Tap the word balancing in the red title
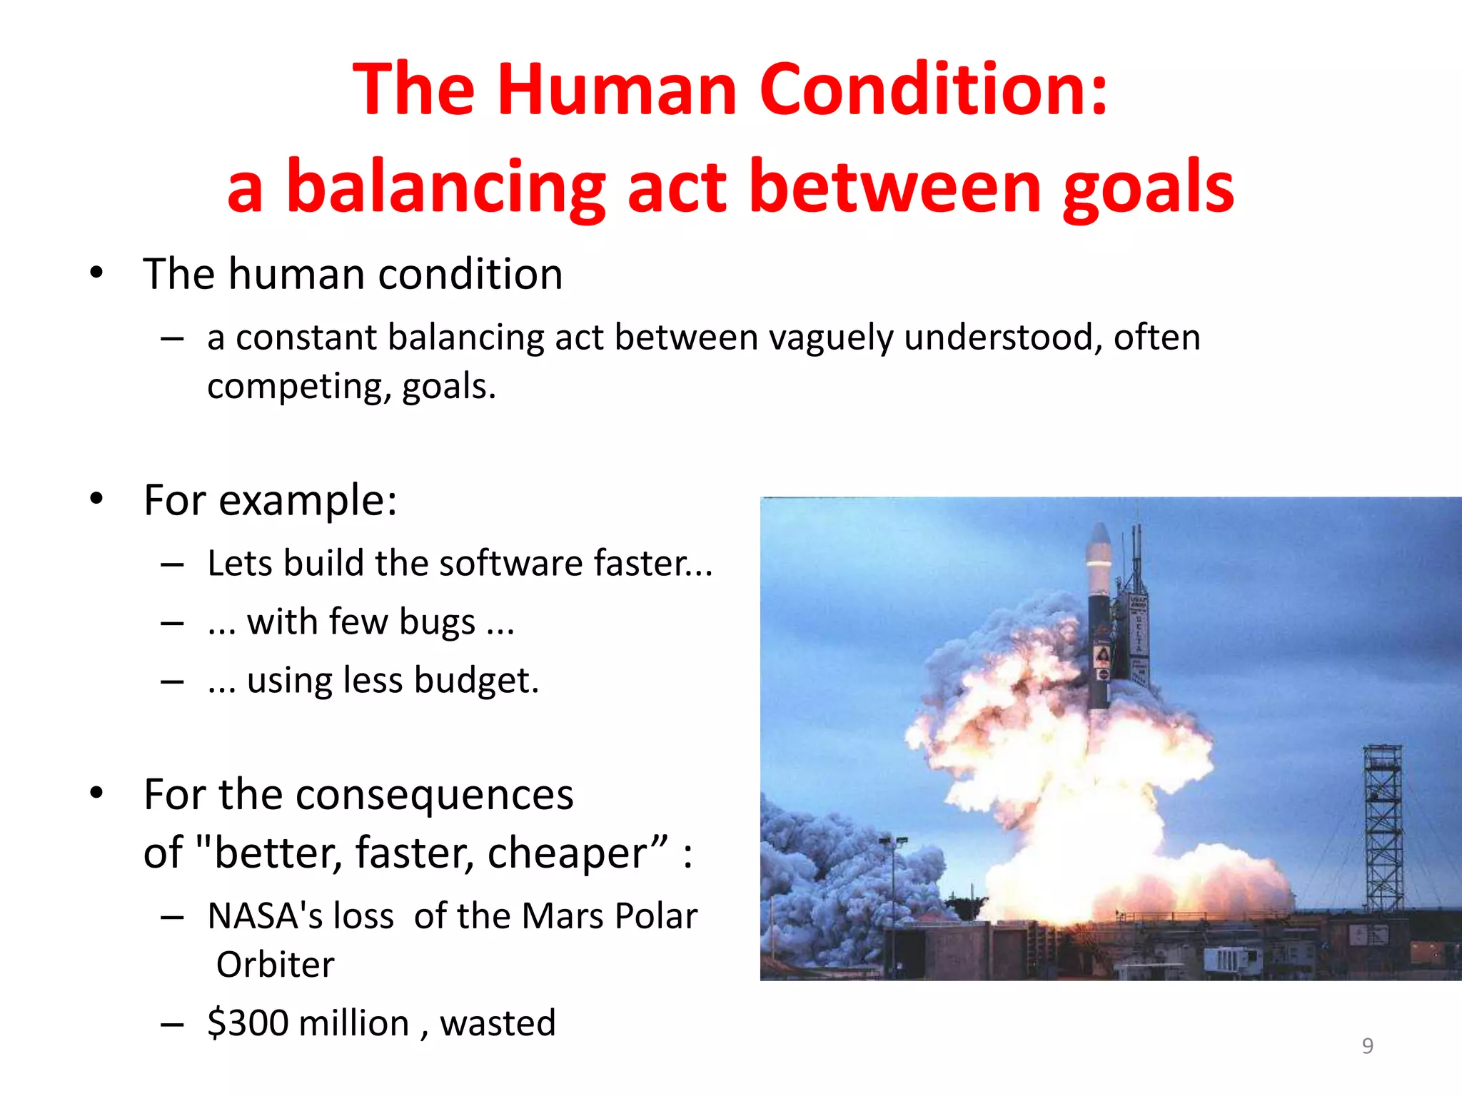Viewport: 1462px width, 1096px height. [x=445, y=187]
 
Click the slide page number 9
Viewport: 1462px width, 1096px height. [x=1367, y=1045]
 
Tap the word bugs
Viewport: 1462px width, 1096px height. [x=437, y=622]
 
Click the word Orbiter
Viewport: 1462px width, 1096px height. [x=276, y=965]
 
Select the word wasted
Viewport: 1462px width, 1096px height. [x=498, y=1023]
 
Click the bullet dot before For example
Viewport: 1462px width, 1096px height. [x=96, y=499]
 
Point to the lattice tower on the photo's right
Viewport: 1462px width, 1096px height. [x=1383, y=828]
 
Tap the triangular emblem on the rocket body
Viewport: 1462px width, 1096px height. [x=1102, y=654]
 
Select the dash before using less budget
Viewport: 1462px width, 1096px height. [x=172, y=681]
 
